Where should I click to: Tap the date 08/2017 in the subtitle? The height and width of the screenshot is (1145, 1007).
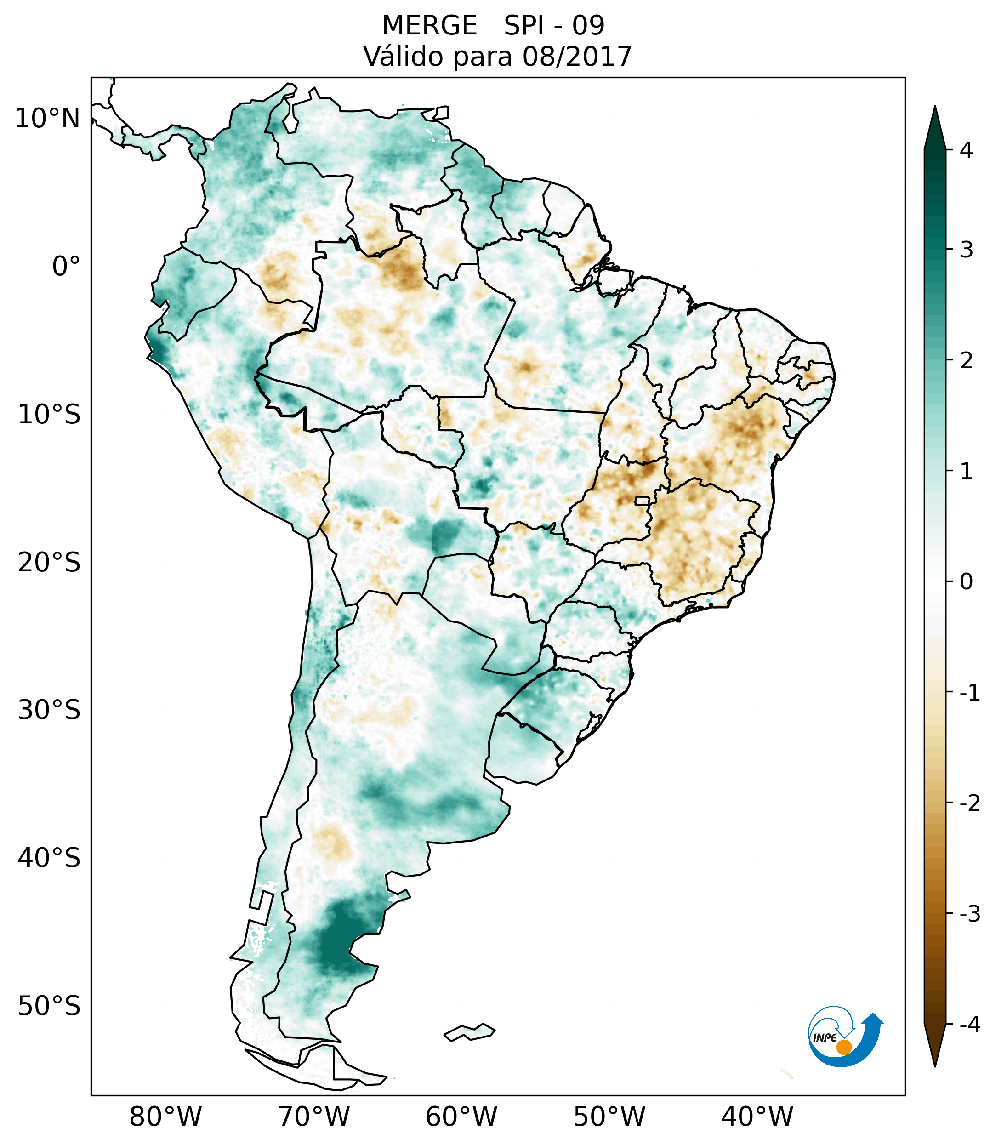click(577, 57)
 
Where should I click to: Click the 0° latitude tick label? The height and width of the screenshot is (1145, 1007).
click(66, 267)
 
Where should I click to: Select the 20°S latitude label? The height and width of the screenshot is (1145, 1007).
click(49, 563)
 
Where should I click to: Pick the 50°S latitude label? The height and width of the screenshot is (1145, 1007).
click(49, 1006)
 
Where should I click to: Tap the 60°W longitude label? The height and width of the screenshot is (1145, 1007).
click(461, 1117)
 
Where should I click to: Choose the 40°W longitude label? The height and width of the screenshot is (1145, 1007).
click(757, 1117)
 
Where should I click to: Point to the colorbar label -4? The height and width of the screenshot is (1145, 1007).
click(969, 1025)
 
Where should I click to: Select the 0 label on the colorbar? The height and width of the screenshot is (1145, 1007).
click(966, 582)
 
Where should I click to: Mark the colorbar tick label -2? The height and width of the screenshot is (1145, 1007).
click(969, 803)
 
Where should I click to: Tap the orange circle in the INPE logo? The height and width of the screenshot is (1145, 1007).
click(844, 1047)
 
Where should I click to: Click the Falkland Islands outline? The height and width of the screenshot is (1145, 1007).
click(469, 1032)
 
